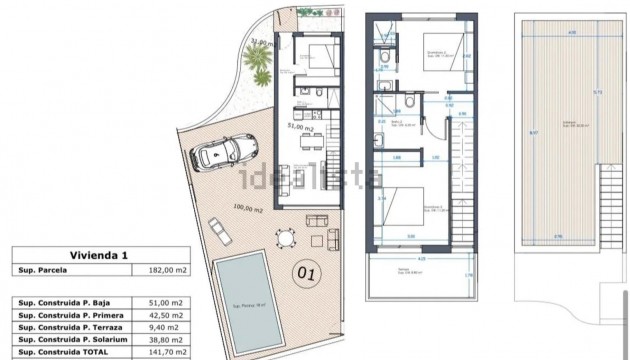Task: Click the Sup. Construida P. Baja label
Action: coord(75,300)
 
